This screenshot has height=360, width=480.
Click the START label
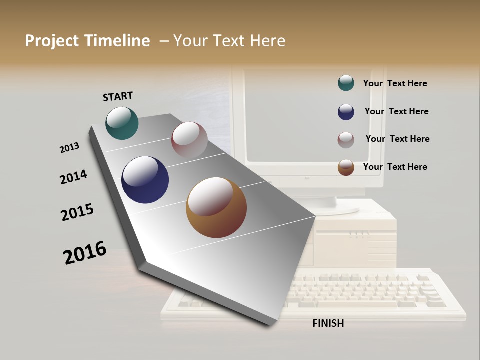(118, 96)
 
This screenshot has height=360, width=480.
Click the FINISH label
(328, 323)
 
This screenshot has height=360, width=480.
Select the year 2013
(69, 148)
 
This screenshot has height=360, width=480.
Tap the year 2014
(73, 177)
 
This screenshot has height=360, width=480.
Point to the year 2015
(77, 212)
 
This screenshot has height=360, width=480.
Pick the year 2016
(85, 252)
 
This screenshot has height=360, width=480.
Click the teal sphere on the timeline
(122, 123)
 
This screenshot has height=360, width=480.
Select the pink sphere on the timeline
(189, 140)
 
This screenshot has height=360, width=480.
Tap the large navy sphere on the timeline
(145, 180)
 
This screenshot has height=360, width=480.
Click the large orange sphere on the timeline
(216, 207)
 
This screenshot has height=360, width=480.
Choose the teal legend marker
(346, 83)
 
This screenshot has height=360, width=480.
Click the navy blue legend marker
(346, 112)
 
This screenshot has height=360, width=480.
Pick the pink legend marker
(346, 140)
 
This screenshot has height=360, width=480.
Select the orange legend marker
(346, 167)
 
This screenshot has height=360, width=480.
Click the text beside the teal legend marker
(395, 83)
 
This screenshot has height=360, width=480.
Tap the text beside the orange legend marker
(395, 167)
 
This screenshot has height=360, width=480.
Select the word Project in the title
(51, 41)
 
